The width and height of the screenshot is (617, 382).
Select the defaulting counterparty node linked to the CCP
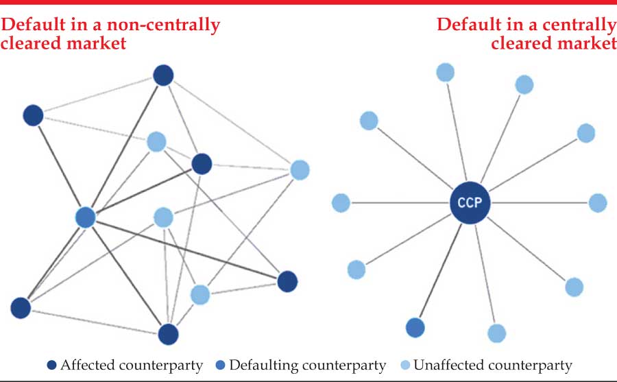click(x=415, y=328)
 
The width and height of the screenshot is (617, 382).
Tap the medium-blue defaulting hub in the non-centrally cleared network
click(x=85, y=217)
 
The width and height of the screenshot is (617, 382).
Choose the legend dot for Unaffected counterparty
click(x=406, y=365)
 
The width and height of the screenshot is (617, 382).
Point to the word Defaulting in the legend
click(x=260, y=365)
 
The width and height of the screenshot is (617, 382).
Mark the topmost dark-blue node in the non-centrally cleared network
click(x=163, y=75)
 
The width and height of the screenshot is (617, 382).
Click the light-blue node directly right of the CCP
click(x=598, y=203)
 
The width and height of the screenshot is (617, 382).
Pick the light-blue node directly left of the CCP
click(x=341, y=203)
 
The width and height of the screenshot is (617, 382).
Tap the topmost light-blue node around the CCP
click(x=445, y=71)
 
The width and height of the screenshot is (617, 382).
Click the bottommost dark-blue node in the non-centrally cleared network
click(x=168, y=335)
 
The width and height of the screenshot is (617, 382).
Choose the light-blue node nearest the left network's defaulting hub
click(x=162, y=217)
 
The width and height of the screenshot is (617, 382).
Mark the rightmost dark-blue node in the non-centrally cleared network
click(x=287, y=280)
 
